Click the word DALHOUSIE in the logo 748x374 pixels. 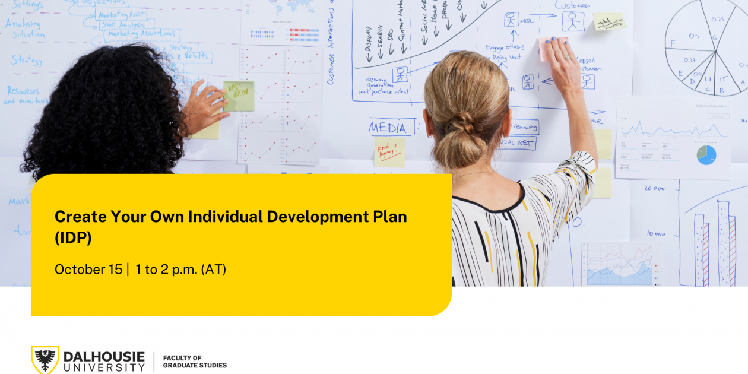(x=104, y=356)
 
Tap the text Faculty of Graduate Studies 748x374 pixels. (x=194, y=362)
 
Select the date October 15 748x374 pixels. (x=88, y=269)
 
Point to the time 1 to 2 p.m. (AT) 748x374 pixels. (x=180, y=269)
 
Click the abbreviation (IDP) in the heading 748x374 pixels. (x=73, y=237)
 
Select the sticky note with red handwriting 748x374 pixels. (x=389, y=152)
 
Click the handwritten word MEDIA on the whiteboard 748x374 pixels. (x=388, y=128)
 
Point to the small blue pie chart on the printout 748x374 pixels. (x=706, y=155)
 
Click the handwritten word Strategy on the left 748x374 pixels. (x=27, y=60)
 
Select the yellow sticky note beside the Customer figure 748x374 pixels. (x=609, y=22)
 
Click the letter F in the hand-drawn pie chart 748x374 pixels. (x=673, y=43)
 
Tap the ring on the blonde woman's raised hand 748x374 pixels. (x=567, y=57)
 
